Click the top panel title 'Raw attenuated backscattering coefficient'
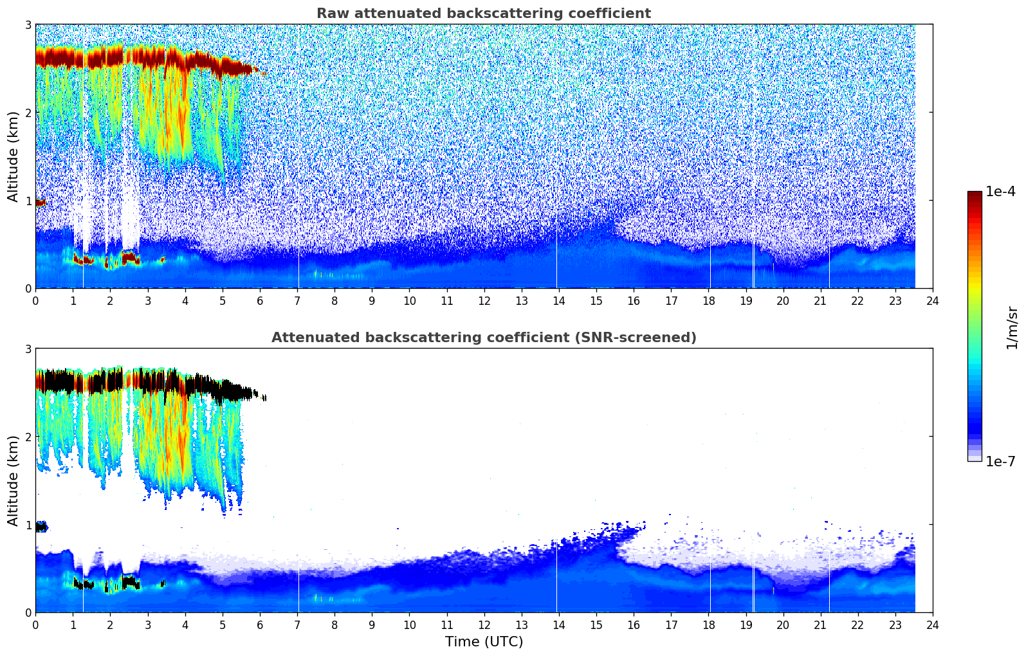pos(483,14)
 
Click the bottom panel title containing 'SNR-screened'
pos(483,338)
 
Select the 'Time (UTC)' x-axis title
pos(484,641)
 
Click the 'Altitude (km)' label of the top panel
pos(13,156)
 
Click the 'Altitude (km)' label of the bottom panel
pos(13,480)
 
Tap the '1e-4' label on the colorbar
pos(1000,192)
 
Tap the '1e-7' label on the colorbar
pos(1000,461)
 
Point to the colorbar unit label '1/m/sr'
pos(1012,327)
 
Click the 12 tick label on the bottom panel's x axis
pos(484,625)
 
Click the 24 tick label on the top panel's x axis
pos(932,301)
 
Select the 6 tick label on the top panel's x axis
pos(259,301)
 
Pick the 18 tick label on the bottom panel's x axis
pos(708,625)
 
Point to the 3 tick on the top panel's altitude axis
pos(28,24)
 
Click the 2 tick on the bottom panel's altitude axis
pos(28,437)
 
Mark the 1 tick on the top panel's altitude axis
pos(28,201)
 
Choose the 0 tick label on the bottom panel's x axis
pos(35,625)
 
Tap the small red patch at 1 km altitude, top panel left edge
pos(40,203)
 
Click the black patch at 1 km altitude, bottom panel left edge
pos(41,527)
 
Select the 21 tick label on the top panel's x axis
pos(820,301)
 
